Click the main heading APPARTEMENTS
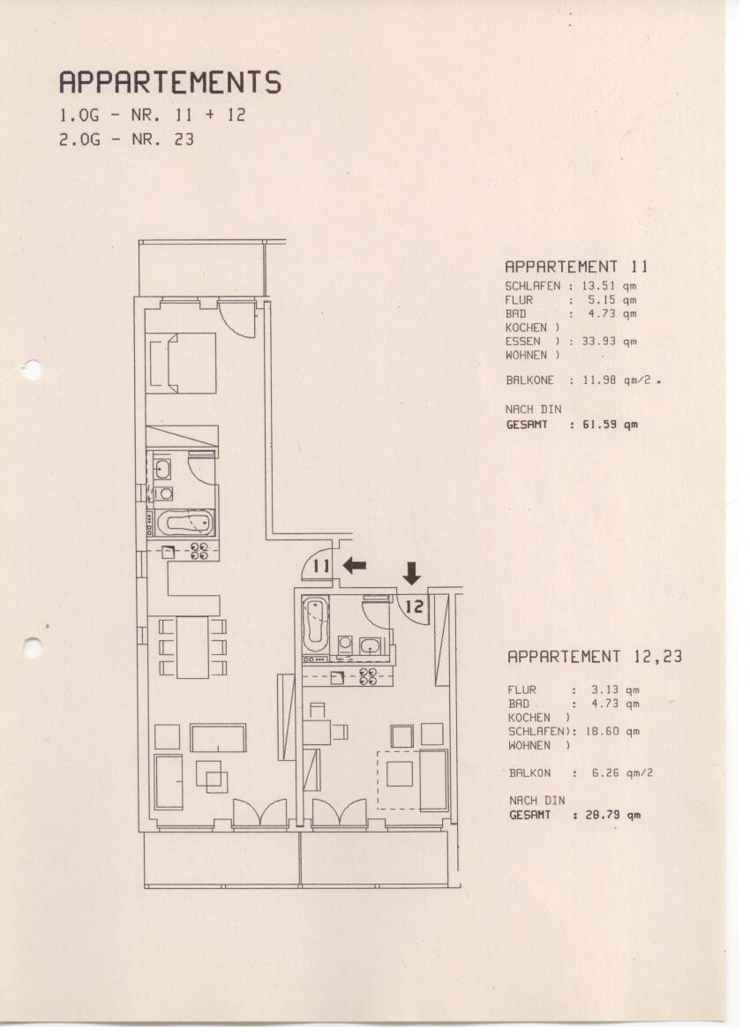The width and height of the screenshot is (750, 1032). click(170, 82)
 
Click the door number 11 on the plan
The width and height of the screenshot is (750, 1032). click(321, 565)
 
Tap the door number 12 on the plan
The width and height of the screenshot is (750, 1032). click(414, 606)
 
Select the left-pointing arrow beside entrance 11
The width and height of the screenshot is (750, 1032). click(355, 565)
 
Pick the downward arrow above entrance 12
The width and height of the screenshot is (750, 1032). click(412, 573)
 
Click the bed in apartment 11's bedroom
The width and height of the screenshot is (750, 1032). click(183, 364)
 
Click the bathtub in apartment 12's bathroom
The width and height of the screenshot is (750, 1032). click(315, 623)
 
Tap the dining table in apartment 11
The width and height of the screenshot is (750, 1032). click(192, 647)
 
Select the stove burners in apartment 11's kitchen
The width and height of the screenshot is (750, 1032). click(199, 551)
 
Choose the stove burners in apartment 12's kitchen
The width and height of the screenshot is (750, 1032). click(368, 676)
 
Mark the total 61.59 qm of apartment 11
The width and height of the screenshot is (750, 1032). click(610, 425)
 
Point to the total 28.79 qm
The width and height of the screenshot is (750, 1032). click(613, 815)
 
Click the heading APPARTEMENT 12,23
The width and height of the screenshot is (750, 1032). click(595, 656)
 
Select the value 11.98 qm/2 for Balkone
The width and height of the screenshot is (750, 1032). click(617, 380)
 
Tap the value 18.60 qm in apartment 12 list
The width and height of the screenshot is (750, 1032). click(612, 731)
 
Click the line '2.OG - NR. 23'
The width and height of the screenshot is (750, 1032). click(127, 139)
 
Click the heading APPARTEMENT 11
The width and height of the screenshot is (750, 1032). click(576, 267)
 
